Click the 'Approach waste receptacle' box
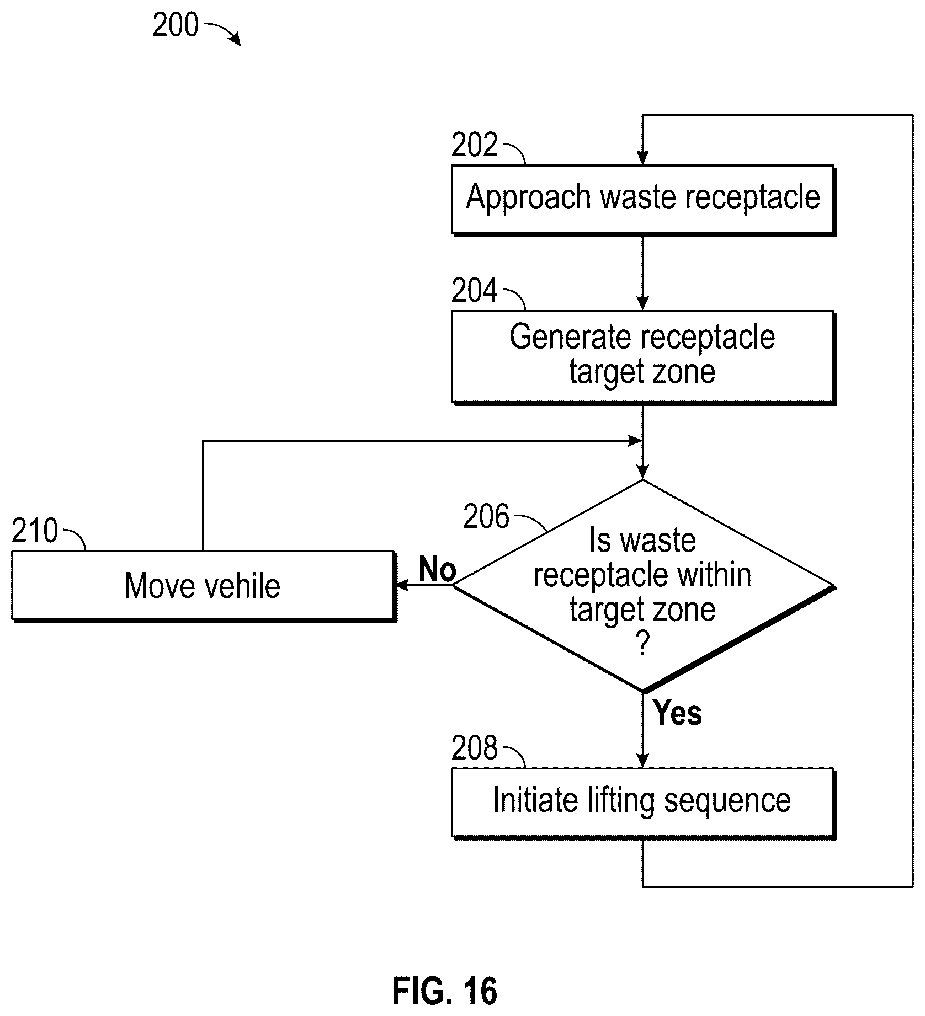tap(644, 200)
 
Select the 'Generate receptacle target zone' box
tap(644, 357)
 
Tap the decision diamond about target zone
tap(644, 586)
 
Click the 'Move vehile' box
tap(204, 586)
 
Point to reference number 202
tap(475, 146)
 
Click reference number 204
tap(475, 291)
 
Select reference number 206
tap(486, 517)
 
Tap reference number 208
tap(475, 748)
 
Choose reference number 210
tap(35, 531)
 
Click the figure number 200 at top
tap(176, 25)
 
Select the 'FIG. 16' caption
tap(445, 991)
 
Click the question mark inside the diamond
tap(642, 644)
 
